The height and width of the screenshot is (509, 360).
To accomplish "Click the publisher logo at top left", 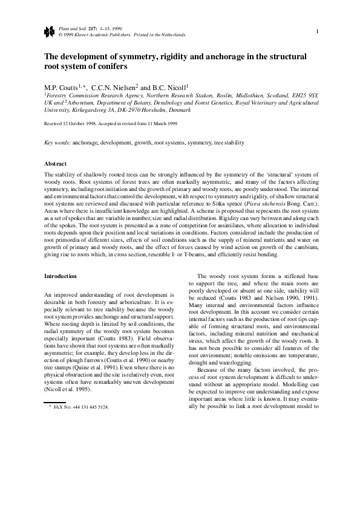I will (49, 31).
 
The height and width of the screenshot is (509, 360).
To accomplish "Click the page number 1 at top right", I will (317, 31).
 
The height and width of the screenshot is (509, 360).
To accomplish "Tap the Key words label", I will (57, 143).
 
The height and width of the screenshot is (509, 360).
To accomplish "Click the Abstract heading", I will (55, 164).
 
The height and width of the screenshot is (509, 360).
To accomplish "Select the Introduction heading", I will (61, 276).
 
